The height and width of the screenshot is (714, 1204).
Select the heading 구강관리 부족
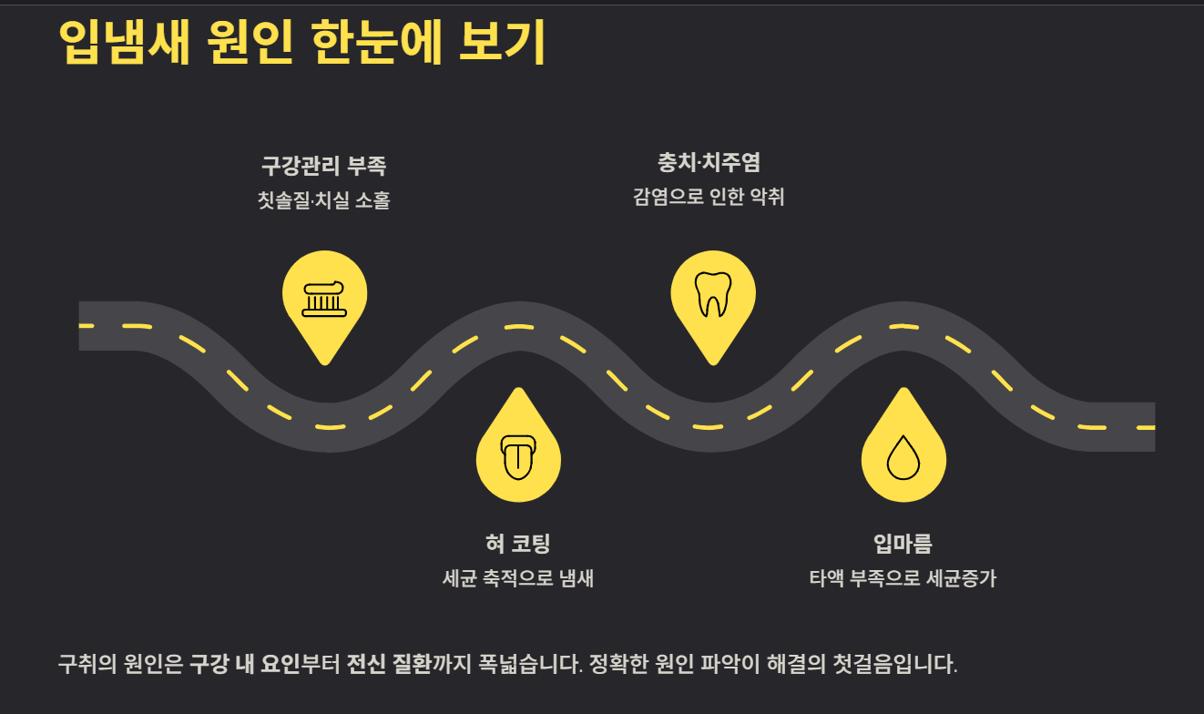tap(323, 167)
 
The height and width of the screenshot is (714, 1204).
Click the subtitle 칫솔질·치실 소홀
tap(323, 200)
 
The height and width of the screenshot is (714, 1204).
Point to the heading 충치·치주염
tap(709, 163)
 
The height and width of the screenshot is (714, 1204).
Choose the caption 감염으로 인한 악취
tap(709, 197)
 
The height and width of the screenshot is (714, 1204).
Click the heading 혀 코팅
tap(517, 544)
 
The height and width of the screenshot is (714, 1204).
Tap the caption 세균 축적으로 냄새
tap(517, 578)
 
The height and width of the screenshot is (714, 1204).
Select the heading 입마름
tap(903, 544)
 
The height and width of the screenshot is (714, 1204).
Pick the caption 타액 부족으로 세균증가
tap(903, 578)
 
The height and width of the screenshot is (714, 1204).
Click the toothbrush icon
tap(324, 298)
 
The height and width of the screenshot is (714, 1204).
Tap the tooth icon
tap(713, 293)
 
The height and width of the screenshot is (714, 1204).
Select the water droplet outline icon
tap(903, 456)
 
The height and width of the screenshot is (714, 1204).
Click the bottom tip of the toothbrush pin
tap(324, 362)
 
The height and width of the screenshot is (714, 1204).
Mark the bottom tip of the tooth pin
tap(713, 362)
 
